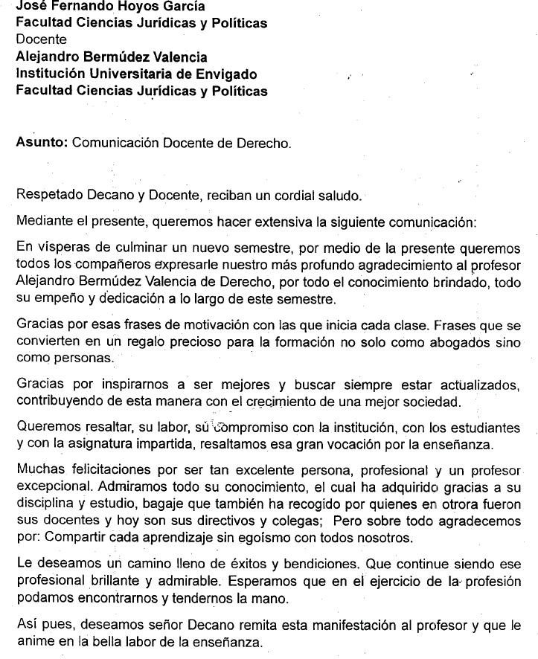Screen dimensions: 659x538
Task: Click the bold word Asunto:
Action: (42, 143)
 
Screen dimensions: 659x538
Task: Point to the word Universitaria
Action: (132, 74)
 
